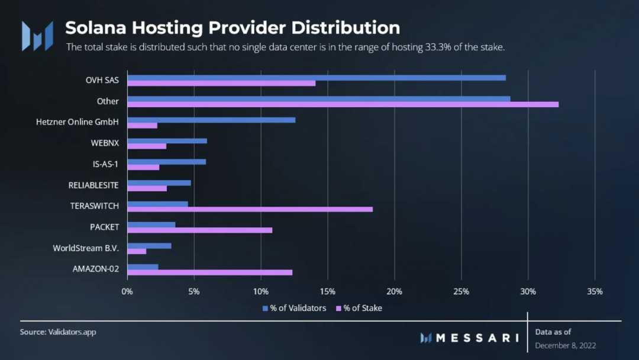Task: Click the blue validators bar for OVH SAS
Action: tap(317, 78)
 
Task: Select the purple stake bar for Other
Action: tap(343, 105)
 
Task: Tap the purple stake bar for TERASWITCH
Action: tap(250, 209)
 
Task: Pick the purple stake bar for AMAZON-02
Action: tap(209, 272)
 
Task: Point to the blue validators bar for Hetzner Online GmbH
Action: tap(211, 120)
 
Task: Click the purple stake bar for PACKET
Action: tap(199, 230)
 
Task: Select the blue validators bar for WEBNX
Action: tap(167, 141)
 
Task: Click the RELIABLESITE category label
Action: tap(93, 185)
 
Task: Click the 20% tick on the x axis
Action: tap(394, 291)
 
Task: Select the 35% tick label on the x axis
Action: tap(595, 291)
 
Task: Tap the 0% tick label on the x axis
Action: tap(127, 291)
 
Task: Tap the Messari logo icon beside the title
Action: tap(37, 36)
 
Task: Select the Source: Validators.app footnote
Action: tap(58, 332)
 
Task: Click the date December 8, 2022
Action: tap(566, 345)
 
